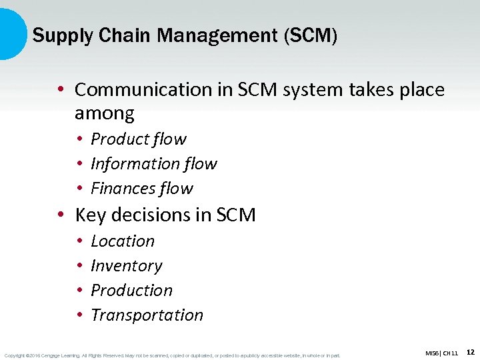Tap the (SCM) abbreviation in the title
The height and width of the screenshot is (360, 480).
point(311,35)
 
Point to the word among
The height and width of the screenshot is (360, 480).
point(105,113)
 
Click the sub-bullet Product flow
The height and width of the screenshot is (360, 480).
point(139,139)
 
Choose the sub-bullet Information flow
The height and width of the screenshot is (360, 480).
point(154,163)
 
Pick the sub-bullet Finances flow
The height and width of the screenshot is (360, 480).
point(142,188)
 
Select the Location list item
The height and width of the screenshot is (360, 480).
point(123,241)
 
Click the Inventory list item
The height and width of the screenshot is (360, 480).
point(127,265)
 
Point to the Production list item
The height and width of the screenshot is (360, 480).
point(131,290)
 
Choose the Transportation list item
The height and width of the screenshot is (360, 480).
point(147,315)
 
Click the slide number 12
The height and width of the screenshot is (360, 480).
point(470,351)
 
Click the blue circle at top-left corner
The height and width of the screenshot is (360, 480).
point(9,33)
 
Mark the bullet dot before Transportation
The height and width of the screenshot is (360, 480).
point(79,315)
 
